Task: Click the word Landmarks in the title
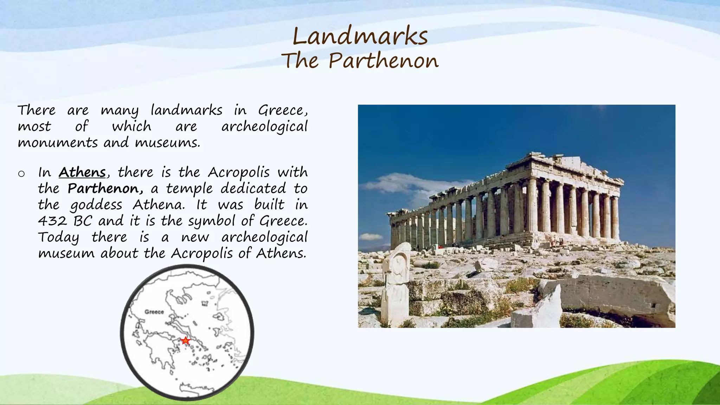click(x=360, y=36)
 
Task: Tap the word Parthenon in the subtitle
click(x=384, y=61)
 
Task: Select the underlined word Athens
click(x=82, y=172)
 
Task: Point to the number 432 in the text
click(x=52, y=221)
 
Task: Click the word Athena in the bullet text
click(x=159, y=205)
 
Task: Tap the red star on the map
click(x=185, y=340)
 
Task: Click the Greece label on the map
click(x=154, y=312)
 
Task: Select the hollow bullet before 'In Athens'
click(x=21, y=174)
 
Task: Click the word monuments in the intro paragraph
click(x=58, y=143)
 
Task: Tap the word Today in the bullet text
click(x=58, y=238)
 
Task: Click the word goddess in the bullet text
click(x=96, y=205)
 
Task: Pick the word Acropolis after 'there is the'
click(x=239, y=173)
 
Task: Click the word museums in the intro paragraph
click(x=167, y=143)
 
